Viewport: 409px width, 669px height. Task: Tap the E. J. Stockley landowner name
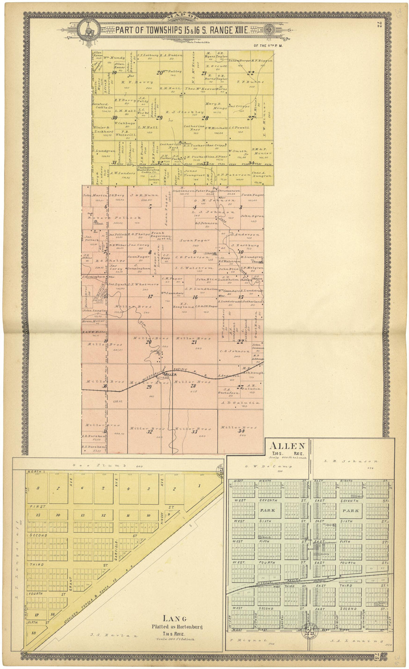[185, 112]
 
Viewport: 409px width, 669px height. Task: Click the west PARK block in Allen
[267, 510]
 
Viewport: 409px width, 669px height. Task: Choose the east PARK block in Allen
[351, 510]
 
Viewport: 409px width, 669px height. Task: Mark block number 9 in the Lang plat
[168, 514]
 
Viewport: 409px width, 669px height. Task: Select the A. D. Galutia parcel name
[240, 402]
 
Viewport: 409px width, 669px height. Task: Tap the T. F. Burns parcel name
[250, 82]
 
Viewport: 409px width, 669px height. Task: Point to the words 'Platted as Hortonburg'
[177, 627]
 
